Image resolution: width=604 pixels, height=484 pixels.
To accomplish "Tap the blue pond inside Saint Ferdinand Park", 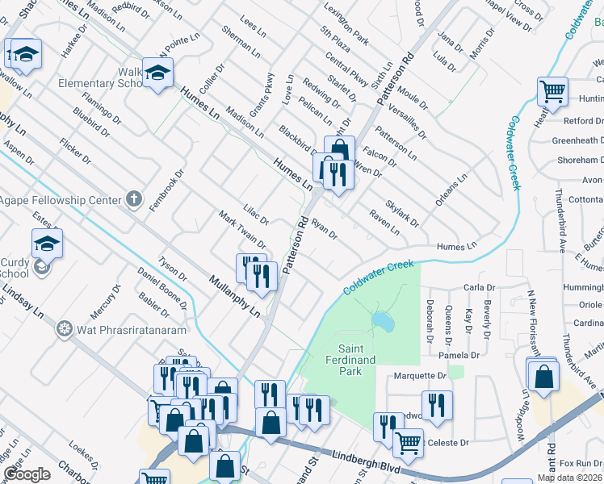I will coord(382,322).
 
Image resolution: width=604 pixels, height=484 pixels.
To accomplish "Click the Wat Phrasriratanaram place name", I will coord(132,329).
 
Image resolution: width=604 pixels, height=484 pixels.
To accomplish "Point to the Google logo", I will coord(27,474).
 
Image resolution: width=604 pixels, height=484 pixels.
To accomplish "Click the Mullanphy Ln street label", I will coord(235,295).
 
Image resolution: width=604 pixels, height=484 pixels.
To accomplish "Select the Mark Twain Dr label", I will coord(243,230).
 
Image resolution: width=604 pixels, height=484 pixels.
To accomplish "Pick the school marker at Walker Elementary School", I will coord(157,73).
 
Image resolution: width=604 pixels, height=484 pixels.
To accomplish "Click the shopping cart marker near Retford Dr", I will coord(552,91).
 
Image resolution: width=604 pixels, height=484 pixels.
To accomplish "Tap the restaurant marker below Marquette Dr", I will coord(437,406).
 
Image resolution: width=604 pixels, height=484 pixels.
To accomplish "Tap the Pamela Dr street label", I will coord(455,354).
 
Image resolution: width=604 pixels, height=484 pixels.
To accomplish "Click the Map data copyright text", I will coord(569,478).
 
